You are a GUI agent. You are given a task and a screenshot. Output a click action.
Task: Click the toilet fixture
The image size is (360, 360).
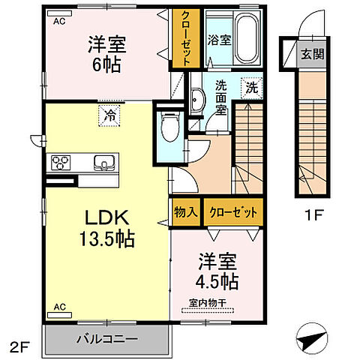[x=170, y=127]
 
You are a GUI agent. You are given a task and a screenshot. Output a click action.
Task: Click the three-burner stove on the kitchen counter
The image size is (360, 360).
[x=61, y=163]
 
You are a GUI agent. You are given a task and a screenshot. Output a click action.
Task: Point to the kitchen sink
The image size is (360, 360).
[x=104, y=163]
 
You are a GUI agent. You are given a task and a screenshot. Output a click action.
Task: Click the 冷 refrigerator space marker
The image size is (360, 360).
[x=109, y=115]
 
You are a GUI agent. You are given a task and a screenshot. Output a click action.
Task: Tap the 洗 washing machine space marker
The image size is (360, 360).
[x=251, y=88]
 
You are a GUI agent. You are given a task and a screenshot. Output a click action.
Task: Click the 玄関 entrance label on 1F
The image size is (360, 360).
[x=313, y=54]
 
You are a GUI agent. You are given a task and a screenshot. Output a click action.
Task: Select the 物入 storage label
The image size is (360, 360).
[x=186, y=212]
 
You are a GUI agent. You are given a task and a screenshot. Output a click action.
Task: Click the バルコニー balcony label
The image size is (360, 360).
[x=107, y=339]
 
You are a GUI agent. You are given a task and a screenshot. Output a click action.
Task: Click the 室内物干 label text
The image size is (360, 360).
[x=207, y=303]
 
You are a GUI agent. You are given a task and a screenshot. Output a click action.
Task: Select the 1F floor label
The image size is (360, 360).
[x=313, y=214]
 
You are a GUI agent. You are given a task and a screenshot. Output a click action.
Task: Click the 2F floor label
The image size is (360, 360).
[x=20, y=347]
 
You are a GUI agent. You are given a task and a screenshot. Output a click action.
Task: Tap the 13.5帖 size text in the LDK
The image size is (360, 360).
[x=107, y=238]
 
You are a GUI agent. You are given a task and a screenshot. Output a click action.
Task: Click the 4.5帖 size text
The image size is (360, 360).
[x=217, y=281]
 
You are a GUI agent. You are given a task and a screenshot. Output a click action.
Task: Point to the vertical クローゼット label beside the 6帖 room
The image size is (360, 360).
[x=186, y=38]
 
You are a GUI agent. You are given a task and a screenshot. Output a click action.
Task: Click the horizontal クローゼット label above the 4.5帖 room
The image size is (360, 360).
[x=233, y=212]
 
